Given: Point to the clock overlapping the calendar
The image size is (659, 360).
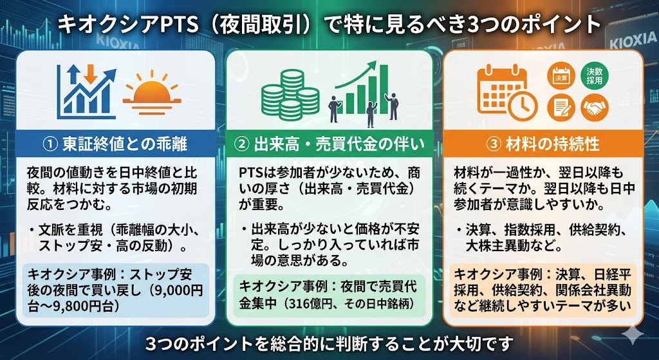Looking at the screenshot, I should (x=522, y=102).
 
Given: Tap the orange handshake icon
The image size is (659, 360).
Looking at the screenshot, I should (x=595, y=107).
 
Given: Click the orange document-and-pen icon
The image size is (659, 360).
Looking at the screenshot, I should (x=560, y=107).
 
